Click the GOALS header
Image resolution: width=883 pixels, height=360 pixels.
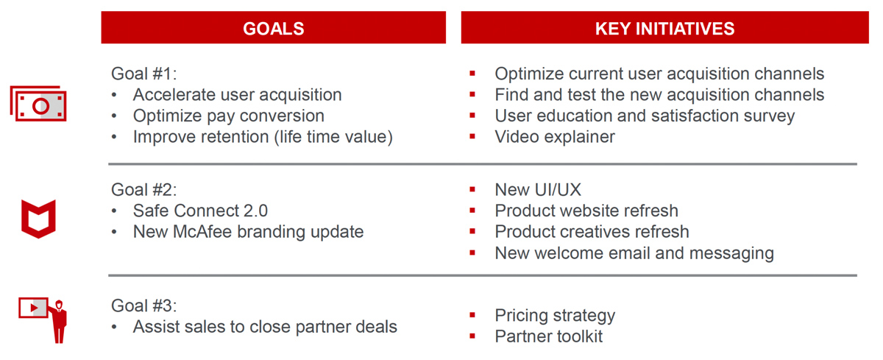[273, 29]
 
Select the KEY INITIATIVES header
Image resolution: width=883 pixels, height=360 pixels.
[664, 29]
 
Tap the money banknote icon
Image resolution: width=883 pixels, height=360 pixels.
[38, 103]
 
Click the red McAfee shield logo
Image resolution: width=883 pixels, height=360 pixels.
[38, 219]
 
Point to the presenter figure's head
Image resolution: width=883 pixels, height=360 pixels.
[59, 305]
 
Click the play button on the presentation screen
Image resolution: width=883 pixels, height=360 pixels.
[35, 308]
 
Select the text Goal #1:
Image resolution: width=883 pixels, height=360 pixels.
[144, 74]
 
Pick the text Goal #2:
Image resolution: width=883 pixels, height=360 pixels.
[144, 190]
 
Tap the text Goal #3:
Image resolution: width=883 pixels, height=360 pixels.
[144, 306]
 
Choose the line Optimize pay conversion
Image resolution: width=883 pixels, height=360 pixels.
[229, 116]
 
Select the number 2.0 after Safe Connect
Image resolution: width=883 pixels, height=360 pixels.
[255, 211]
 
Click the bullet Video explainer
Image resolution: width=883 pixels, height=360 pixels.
[555, 137]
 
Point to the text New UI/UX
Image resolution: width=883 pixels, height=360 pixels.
[538, 190]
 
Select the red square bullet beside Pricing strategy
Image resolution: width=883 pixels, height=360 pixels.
[472, 314]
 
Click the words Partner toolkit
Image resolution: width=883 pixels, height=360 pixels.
[549, 336]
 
